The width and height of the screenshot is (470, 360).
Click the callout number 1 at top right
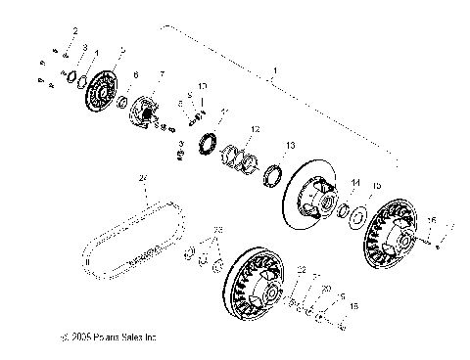(277, 70)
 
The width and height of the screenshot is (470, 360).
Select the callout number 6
(135, 75)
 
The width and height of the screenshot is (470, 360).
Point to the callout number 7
(162, 74)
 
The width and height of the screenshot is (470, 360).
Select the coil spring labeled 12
(241, 157)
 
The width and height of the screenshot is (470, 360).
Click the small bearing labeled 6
(121, 102)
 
